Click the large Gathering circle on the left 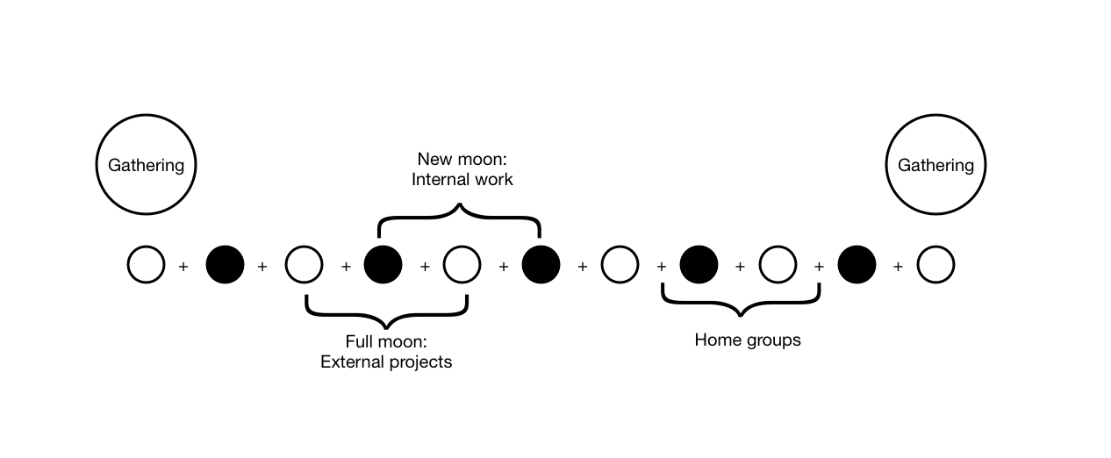(x=146, y=164)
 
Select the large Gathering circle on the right (x=935, y=164)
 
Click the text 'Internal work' (x=462, y=180)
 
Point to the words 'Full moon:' (x=386, y=341)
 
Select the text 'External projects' (x=386, y=361)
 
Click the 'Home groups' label (x=748, y=340)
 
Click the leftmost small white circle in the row (x=146, y=264)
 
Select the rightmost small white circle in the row (x=935, y=264)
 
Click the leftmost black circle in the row (x=225, y=264)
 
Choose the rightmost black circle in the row (x=857, y=264)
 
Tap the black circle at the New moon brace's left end (x=383, y=264)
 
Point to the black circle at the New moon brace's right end (x=541, y=264)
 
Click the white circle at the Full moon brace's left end (x=304, y=264)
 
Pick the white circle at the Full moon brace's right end (x=462, y=264)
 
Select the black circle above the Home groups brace (x=699, y=264)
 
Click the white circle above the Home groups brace (x=778, y=264)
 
